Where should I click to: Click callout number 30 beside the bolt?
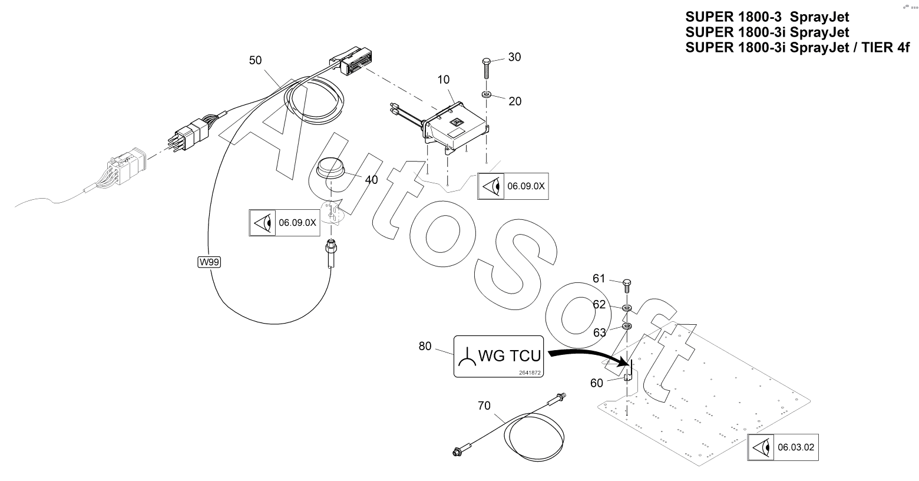[x=514, y=57]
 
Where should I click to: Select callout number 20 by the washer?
[x=515, y=101]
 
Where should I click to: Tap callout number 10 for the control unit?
[x=444, y=80]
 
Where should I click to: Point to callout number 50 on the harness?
[x=255, y=60]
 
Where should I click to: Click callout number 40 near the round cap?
[x=371, y=180]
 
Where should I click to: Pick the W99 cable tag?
[x=209, y=262]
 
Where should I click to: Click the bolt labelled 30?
[x=487, y=68]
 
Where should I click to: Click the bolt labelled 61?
[x=627, y=285]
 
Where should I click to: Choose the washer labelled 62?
[x=627, y=308]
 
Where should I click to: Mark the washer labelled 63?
[x=627, y=327]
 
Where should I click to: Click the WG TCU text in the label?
[x=510, y=356]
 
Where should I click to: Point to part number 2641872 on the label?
[x=530, y=373]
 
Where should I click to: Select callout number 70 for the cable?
[x=484, y=406]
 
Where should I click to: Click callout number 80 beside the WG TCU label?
[x=425, y=347]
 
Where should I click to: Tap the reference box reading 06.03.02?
[x=783, y=447]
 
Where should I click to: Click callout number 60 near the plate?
[x=597, y=383]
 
